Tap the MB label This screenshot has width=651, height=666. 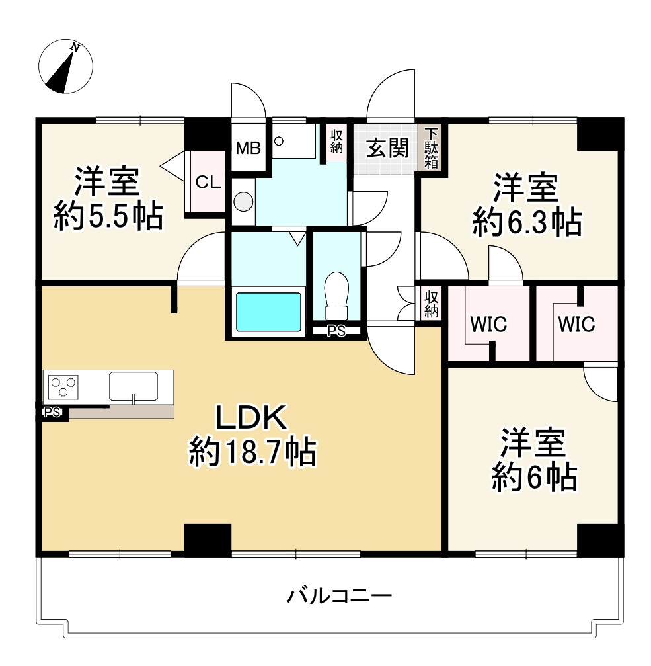[249, 148]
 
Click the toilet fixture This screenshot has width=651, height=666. [336, 296]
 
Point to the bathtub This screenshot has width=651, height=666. [268, 311]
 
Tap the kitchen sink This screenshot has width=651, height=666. [134, 386]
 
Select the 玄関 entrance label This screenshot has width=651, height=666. [387, 148]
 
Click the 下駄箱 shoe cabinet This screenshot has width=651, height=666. [431, 148]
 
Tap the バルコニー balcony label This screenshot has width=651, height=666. [340, 597]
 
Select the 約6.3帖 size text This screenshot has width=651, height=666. [527, 222]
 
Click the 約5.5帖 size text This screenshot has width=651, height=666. [108, 216]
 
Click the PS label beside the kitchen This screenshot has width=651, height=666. [52, 413]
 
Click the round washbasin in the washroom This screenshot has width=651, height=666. [243, 200]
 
